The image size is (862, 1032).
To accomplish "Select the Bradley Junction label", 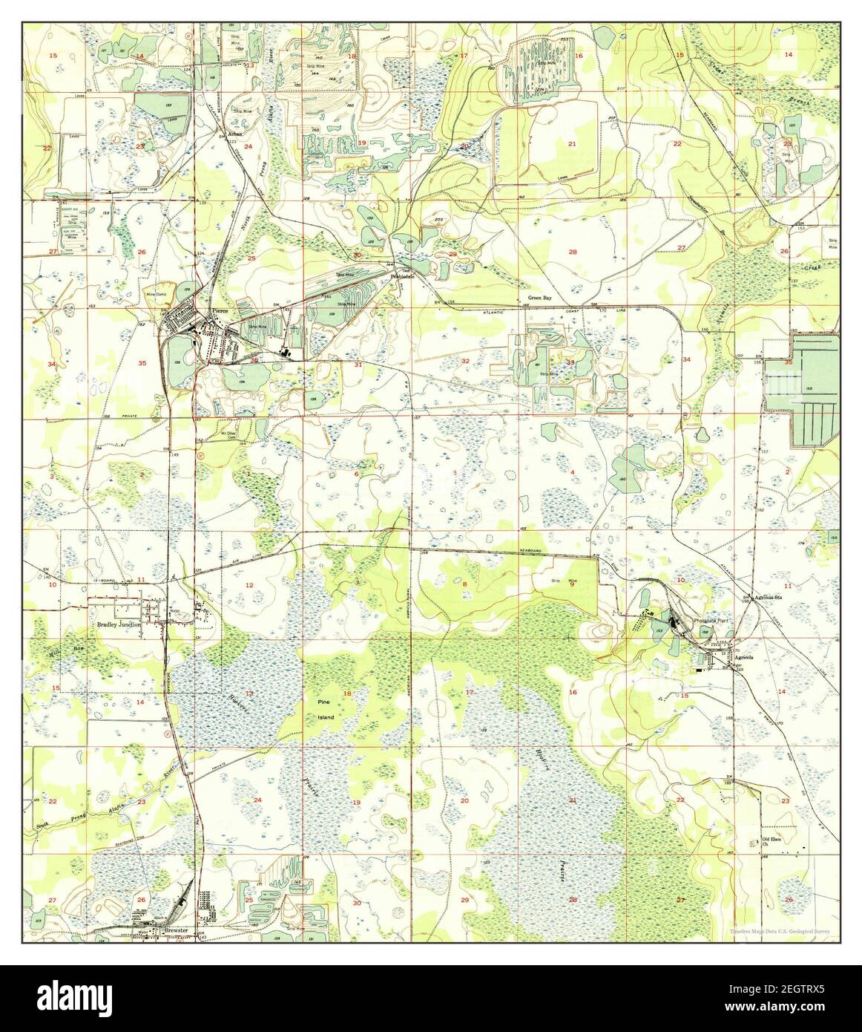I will (119, 625).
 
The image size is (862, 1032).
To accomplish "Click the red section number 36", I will (254, 361).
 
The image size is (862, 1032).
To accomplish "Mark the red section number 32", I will (465, 361).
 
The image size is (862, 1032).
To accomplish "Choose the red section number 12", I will (249, 586).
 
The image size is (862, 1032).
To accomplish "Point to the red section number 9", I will (572, 584).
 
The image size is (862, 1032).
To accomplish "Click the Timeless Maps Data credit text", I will (779, 932).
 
